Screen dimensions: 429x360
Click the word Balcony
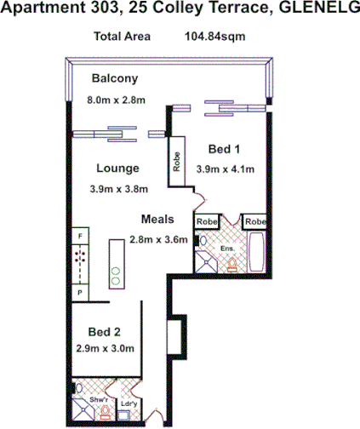click(x=114, y=80)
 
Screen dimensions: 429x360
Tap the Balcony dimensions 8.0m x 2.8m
click(x=117, y=100)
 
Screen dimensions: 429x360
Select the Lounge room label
click(x=117, y=168)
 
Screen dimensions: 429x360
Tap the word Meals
click(x=158, y=219)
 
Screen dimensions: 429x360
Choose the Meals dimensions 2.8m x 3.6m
click(x=158, y=239)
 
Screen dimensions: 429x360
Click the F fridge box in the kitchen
click(x=80, y=235)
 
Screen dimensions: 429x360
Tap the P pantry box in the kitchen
click(x=80, y=291)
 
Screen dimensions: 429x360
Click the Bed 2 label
click(x=105, y=331)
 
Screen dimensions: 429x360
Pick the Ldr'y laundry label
click(x=129, y=402)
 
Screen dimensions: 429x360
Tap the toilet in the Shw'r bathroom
click(x=105, y=415)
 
